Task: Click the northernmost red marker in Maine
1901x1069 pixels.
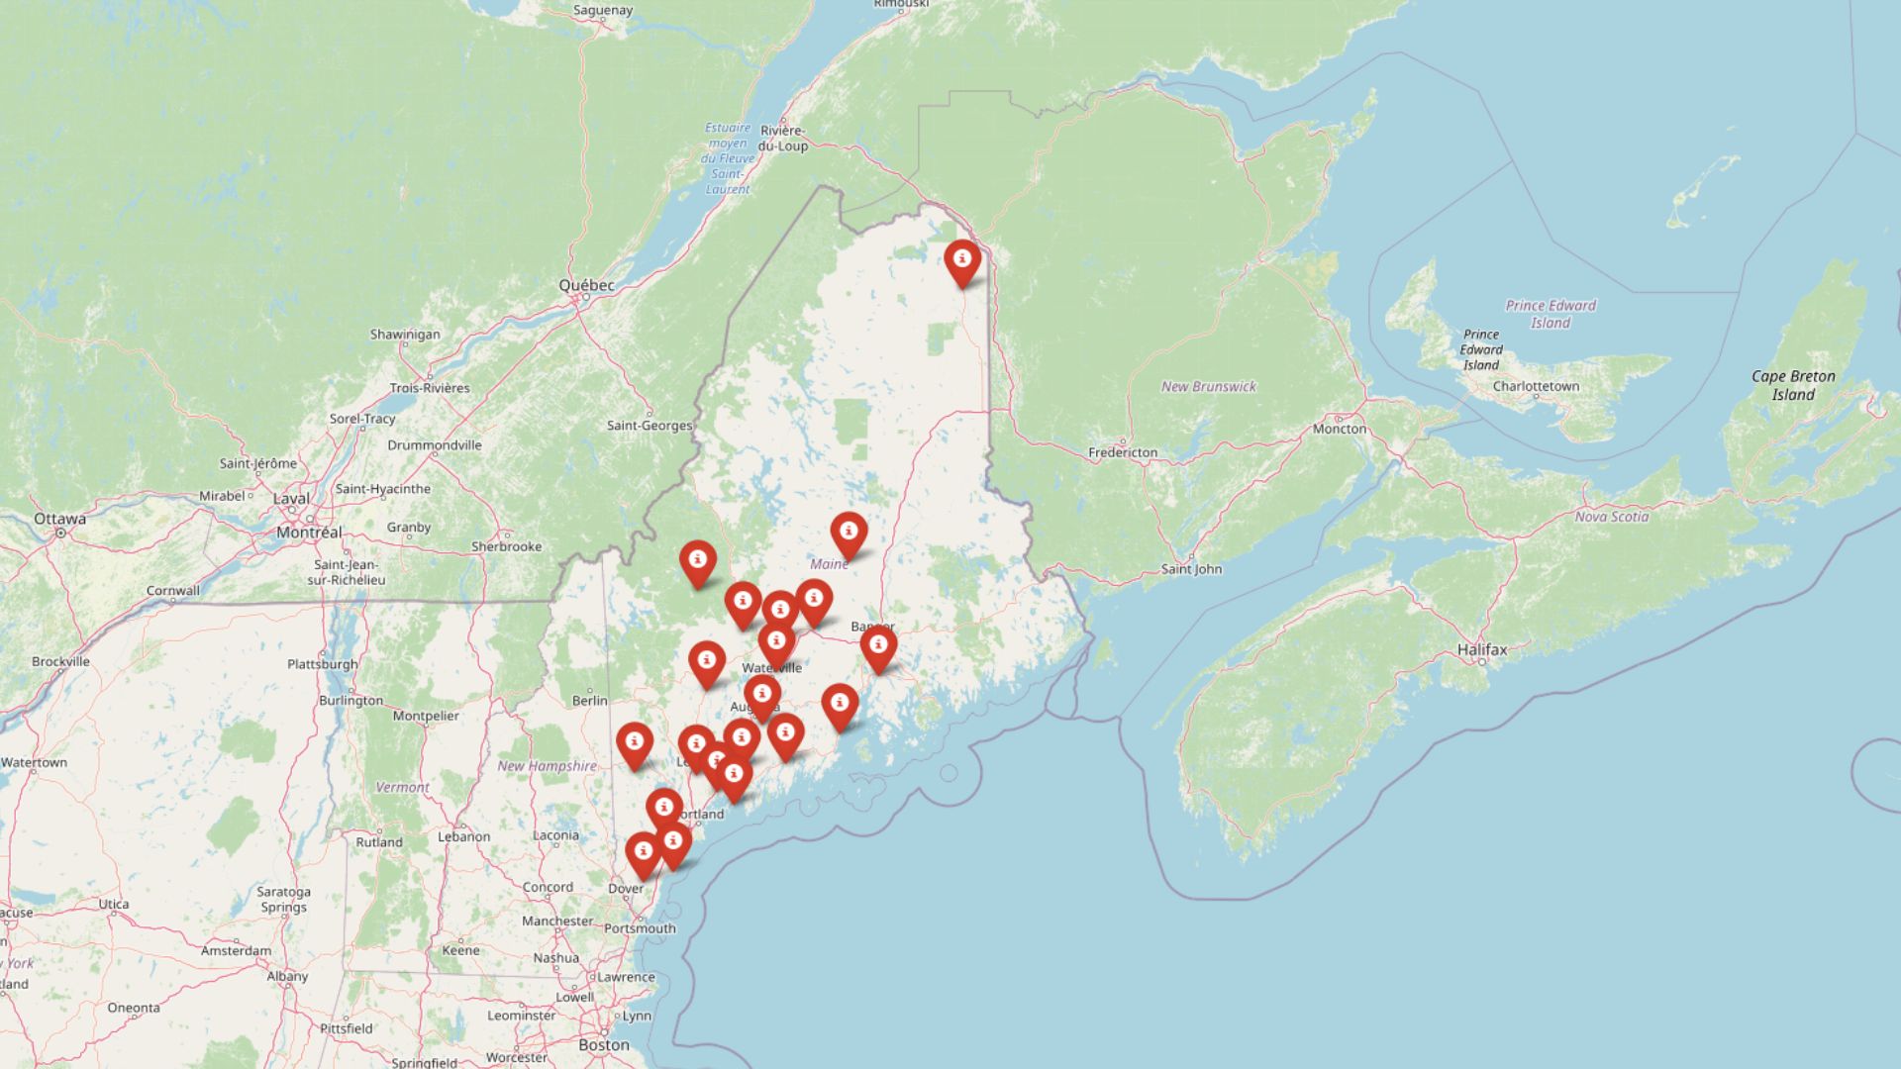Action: click(x=961, y=260)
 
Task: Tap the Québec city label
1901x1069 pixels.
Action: click(x=586, y=285)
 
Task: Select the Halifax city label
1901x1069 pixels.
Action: click(x=1482, y=649)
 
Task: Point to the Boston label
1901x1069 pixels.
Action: click(x=603, y=1044)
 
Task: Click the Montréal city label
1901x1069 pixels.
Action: click(x=309, y=532)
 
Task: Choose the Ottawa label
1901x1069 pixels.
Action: click(x=59, y=519)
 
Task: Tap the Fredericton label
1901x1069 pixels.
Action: click(x=1123, y=452)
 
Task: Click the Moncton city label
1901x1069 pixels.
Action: click(x=1340, y=429)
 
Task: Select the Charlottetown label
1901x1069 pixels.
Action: click(x=1536, y=386)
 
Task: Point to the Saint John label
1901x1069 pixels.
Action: click(x=1191, y=569)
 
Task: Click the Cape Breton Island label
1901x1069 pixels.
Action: click(x=1793, y=385)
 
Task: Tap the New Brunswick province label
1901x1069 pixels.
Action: click(x=1208, y=386)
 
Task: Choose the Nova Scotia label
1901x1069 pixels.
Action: click(x=1612, y=517)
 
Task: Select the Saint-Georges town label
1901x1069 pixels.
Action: click(x=650, y=426)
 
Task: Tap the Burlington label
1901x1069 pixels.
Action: click(x=350, y=700)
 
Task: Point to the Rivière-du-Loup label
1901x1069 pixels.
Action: click(x=783, y=138)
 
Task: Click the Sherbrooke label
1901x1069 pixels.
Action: click(x=506, y=546)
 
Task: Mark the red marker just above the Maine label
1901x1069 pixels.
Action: click(x=849, y=534)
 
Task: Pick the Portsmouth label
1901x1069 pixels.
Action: click(x=640, y=928)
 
